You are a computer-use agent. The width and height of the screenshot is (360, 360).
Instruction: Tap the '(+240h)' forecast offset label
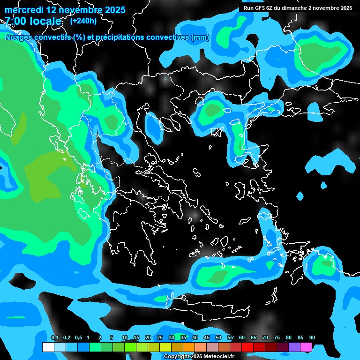pos(83,21)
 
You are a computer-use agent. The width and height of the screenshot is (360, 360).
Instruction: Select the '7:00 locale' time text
pos(33,21)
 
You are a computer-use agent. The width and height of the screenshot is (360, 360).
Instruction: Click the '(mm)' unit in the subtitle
pos(200,37)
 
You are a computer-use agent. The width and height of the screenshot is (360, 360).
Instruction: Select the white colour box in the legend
pos(48,347)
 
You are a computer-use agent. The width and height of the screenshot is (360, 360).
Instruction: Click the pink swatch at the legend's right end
pos(306,347)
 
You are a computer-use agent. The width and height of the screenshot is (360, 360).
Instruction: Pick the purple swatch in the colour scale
pos(294,347)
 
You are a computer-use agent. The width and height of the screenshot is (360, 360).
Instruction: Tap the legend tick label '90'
pos(312,338)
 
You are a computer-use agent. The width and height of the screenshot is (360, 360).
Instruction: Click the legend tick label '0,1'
pos(55,338)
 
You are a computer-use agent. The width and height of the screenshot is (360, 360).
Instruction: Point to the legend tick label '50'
pos(218,338)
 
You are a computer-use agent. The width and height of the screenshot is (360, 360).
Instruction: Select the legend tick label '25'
pos(160,338)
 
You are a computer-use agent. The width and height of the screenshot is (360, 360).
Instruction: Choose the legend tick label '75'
pos(277,338)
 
